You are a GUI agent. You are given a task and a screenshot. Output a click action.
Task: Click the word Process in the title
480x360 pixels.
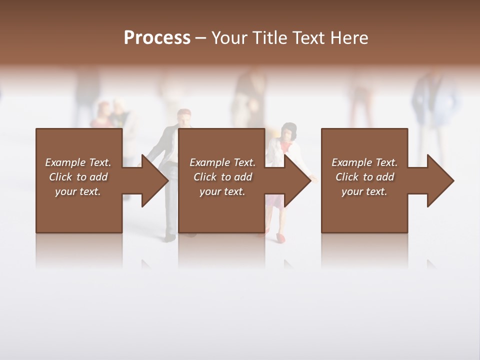[x=157, y=38]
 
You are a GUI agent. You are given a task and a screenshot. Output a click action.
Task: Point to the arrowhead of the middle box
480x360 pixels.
[x=296, y=180]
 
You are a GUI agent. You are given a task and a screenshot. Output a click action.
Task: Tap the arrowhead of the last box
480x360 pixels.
[x=439, y=180]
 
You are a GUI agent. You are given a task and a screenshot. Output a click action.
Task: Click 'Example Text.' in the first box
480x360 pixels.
[x=78, y=162]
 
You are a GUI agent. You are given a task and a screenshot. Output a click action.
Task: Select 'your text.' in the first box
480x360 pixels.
[x=78, y=191]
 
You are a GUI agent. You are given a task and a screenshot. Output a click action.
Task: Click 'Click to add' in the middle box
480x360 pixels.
[x=222, y=177]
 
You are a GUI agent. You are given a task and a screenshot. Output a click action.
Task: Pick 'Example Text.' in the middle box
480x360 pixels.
[x=222, y=162]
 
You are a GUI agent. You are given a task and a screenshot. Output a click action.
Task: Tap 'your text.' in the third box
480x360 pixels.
[x=364, y=191]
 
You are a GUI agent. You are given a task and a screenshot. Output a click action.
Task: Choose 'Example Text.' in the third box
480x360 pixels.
[x=364, y=162]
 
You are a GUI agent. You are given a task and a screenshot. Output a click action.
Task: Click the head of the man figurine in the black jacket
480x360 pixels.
[x=184, y=118]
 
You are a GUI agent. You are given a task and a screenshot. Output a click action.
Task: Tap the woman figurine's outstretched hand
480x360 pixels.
[x=314, y=177]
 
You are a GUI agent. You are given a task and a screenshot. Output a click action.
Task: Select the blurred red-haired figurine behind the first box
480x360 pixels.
[x=103, y=112]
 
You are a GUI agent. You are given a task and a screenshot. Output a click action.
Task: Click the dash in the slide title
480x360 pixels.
[x=200, y=38]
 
